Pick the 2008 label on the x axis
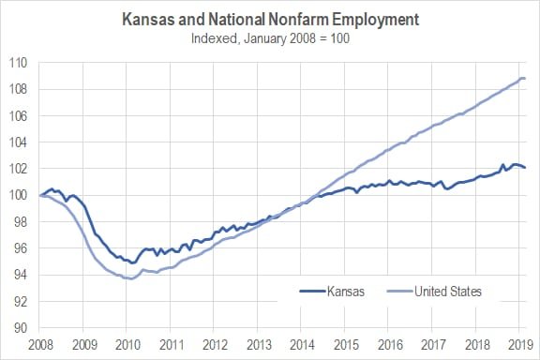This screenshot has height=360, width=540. [39, 344]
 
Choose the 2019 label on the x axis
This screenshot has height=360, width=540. [521, 344]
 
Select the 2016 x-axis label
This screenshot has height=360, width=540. [390, 344]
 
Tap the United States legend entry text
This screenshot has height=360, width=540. [448, 292]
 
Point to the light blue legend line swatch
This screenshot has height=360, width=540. [397, 292]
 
